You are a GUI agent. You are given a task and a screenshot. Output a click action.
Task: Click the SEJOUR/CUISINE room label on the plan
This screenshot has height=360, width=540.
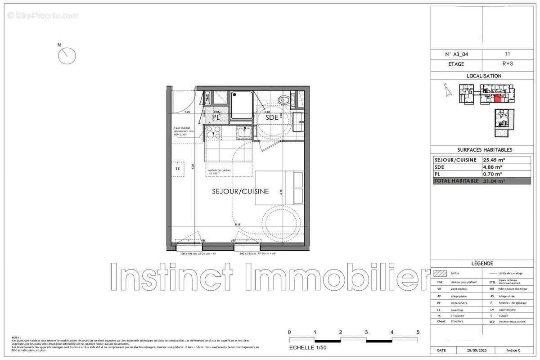240,191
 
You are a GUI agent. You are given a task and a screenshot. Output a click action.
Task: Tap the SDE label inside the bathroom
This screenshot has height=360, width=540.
272,117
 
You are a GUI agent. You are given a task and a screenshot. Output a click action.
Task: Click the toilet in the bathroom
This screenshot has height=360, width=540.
283,99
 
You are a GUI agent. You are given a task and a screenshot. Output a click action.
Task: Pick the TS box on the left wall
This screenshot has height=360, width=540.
178,169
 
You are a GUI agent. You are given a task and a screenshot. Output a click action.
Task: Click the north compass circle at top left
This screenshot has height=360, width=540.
67,56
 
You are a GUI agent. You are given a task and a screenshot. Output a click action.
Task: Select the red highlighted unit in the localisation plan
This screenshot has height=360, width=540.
498,99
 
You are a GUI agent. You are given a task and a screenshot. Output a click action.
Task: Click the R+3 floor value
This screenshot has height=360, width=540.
506,64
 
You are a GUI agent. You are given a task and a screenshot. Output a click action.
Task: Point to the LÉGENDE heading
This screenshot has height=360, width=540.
482,263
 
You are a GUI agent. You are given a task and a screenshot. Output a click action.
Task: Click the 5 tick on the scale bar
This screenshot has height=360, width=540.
418,332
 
